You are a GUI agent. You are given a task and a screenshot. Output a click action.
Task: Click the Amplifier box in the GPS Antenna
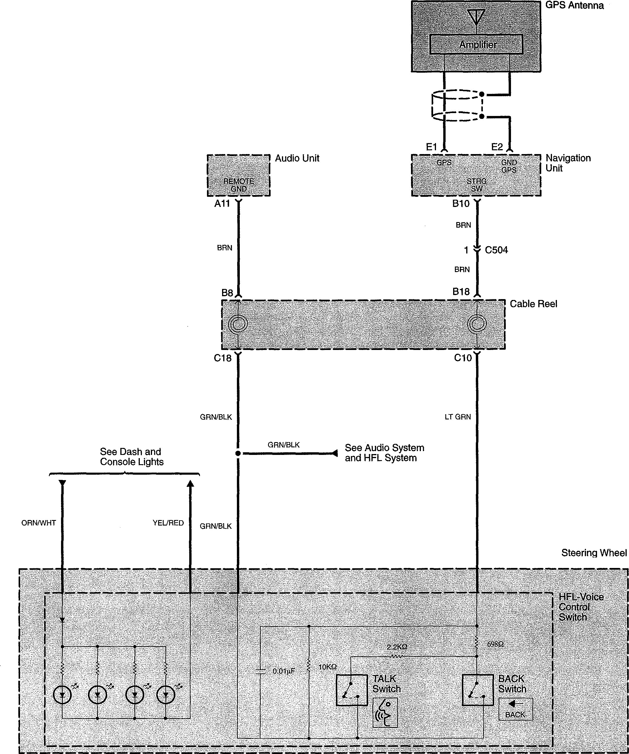476,44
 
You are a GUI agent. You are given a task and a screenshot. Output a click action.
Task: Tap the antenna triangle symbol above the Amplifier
476,17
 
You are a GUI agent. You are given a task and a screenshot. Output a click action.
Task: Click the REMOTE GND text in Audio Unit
238,185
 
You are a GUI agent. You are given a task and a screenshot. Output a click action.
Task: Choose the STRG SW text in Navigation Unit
476,185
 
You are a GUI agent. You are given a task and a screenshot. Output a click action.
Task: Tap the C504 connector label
496,250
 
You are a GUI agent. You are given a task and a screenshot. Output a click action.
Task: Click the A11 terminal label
222,203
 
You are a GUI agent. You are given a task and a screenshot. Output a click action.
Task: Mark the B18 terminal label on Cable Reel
461,292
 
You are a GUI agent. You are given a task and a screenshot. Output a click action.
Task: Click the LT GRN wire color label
458,417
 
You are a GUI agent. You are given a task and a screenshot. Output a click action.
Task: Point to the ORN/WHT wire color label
39,523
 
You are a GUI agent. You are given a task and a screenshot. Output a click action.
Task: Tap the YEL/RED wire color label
168,523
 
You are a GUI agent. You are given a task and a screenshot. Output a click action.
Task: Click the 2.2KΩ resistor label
397,647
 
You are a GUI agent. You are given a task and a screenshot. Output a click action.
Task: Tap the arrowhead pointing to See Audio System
335,453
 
